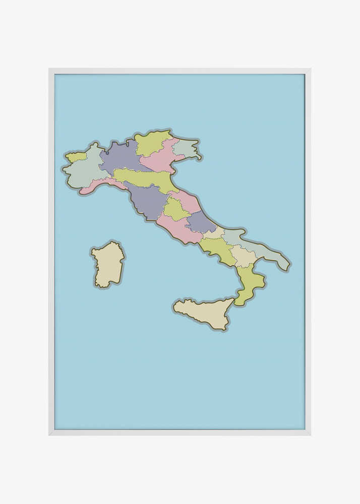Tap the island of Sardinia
pos(107,265)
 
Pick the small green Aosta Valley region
pos(76,157)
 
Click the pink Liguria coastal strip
pos(98,185)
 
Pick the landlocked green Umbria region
pos(174,209)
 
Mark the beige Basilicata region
pos(243,257)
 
